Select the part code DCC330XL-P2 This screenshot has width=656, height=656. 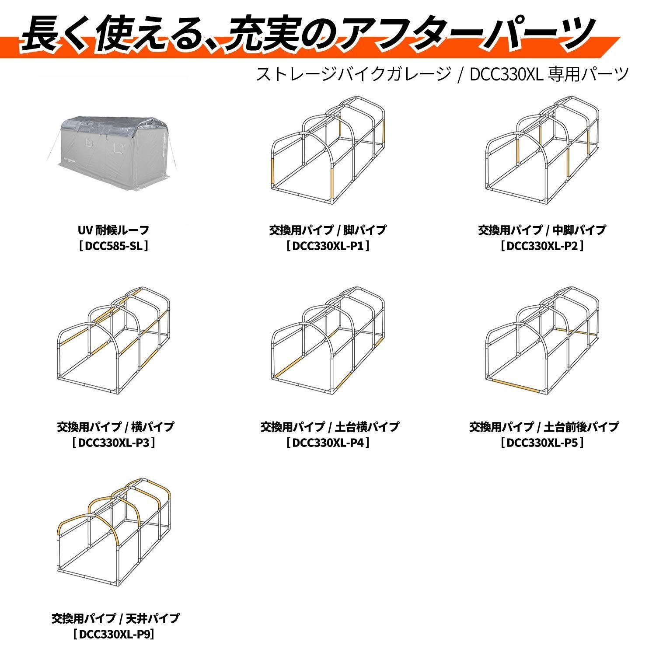pyautogui.click(x=542, y=246)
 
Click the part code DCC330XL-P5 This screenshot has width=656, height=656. pyautogui.click(x=542, y=443)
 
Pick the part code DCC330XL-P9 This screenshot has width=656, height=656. pyautogui.click(x=115, y=634)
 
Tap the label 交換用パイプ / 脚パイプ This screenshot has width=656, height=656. pyautogui.click(x=328, y=230)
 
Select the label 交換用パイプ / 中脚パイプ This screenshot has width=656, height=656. pyautogui.click(x=542, y=230)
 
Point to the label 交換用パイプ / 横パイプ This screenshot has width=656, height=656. pyautogui.click(x=115, y=426)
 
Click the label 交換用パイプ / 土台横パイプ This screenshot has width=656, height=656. pyautogui.click(x=329, y=426)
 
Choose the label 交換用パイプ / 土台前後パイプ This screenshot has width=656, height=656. pyautogui.click(x=544, y=426)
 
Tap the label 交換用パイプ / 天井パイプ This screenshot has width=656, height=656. pyautogui.click(x=115, y=618)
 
